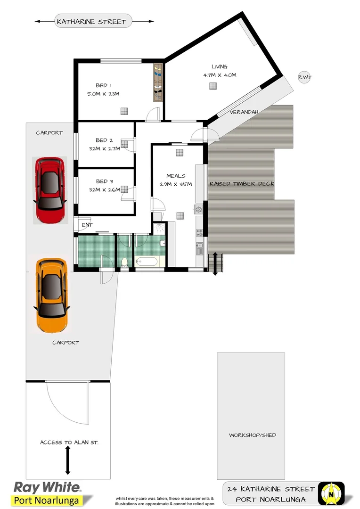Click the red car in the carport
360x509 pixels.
click(x=49, y=190)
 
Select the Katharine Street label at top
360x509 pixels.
click(x=91, y=21)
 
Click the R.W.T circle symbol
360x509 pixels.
click(x=304, y=77)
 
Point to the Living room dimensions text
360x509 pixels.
click(x=220, y=75)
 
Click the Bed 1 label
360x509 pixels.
click(x=103, y=85)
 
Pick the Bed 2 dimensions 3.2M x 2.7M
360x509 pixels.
click(x=104, y=148)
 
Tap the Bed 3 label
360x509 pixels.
click(x=104, y=181)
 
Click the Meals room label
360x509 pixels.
click(x=176, y=176)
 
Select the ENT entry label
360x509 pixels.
click(x=87, y=225)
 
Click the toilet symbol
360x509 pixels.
click(x=125, y=262)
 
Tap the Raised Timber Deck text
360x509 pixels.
click(x=242, y=183)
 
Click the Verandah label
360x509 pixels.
click(x=243, y=112)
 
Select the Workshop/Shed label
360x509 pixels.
click(x=253, y=435)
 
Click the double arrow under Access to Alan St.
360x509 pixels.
click(x=67, y=460)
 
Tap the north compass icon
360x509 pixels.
click(x=331, y=493)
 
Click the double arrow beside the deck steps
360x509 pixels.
click(x=215, y=264)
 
